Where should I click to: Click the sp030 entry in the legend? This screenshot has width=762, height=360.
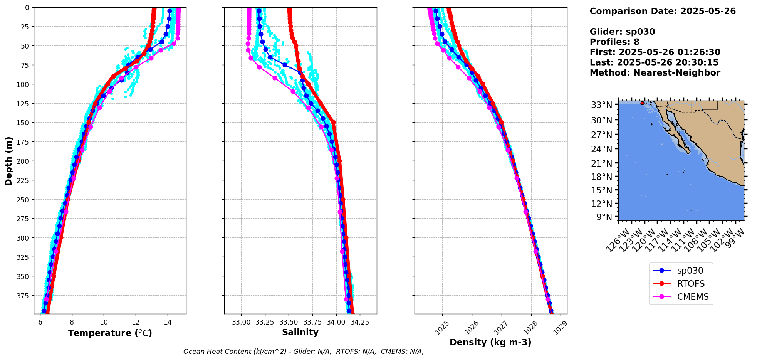click(x=689, y=271)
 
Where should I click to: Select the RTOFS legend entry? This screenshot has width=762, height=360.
click(x=691, y=284)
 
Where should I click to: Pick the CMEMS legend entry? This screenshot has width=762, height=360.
click(x=693, y=297)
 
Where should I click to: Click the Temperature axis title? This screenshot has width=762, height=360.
click(x=110, y=333)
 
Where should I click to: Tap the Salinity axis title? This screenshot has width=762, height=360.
click(x=300, y=333)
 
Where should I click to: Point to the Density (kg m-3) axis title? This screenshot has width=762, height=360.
click(x=490, y=342)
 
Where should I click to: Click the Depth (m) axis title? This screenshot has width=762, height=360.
click(x=8, y=161)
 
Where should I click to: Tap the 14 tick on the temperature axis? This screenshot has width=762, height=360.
click(x=167, y=322)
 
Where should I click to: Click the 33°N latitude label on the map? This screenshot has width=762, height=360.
click(x=601, y=105)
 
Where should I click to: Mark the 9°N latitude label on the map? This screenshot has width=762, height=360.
click(x=604, y=217)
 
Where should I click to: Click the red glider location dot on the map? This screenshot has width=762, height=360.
click(x=642, y=103)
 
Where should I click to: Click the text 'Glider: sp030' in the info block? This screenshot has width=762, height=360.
click(x=622, y=32)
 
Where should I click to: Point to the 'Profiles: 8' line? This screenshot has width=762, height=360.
click(x=614, y=42)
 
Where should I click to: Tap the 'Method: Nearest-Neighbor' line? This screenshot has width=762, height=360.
click(x=655, y=72)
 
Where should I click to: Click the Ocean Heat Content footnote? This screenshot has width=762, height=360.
click(x=303, y=352)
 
